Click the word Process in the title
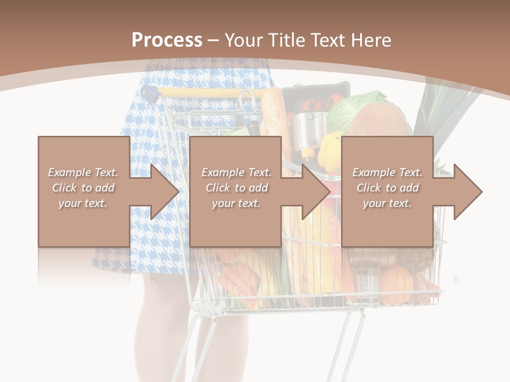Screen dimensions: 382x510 point(167,40)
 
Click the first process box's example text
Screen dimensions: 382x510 point(83,188)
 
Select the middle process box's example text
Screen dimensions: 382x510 point(236,188)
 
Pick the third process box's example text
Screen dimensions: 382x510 point(387,188)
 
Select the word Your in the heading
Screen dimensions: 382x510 point(243,40)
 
